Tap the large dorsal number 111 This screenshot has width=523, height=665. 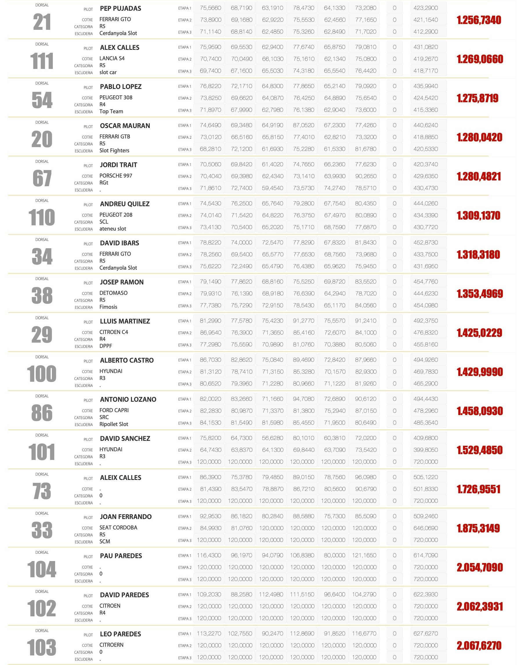tap(42, 61)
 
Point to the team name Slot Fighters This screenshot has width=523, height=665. tap(114, 150)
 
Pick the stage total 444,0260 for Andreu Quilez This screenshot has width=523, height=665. tap(425, 203)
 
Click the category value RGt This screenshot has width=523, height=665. tap(104, 182)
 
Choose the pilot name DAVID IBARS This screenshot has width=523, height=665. tap(120, 243)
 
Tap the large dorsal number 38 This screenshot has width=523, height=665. tap(42, 296)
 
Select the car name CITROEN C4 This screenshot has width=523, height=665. tap(114, 332)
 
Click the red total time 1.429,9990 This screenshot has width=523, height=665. tap(479, 372)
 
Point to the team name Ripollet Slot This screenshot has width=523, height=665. tap(114, 424)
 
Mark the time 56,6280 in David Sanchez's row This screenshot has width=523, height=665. tap(272, 438)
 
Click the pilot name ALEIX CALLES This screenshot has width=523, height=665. tap(121, 478)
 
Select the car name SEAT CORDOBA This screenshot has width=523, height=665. tap(118, 527)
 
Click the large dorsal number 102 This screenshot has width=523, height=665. tap(42, 608)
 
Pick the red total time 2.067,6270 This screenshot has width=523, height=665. tap(479, 645)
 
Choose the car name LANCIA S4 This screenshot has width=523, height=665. tap(112, 59)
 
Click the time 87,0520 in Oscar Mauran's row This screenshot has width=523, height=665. tap(303, 125)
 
